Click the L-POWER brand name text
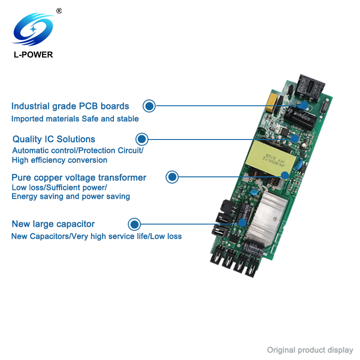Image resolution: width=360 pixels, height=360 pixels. tap(33, 54)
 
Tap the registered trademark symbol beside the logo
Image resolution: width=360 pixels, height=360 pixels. tap(59, 11)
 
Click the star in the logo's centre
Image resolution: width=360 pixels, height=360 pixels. tap(33, 29)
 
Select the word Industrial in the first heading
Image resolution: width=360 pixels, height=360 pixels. tap(31, 106)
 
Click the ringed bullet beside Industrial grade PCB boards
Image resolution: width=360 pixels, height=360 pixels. tap(149, 106)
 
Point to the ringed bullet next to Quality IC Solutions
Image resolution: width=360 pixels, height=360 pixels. tap(142, 139)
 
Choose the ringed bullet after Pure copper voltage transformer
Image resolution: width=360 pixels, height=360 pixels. tap(172, 177)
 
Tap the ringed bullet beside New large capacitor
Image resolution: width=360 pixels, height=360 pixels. tap(134, 224)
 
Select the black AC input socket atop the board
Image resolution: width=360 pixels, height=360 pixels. tap(310, 88)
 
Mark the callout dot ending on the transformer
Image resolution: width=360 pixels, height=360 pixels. tap(285, 175)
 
